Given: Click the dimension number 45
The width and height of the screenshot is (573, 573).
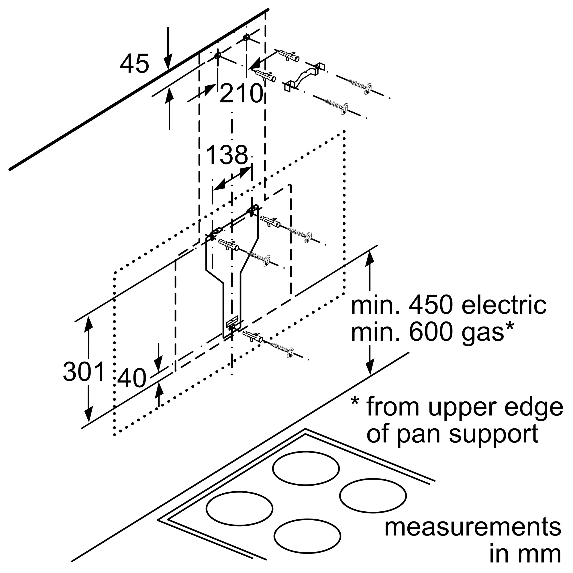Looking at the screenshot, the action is (134, 64).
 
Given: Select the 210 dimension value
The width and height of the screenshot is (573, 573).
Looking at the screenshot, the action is (242, 93).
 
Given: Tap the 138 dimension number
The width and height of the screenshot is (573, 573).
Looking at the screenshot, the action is (227, 155).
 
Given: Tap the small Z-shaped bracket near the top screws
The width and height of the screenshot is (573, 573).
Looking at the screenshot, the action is (305, 77).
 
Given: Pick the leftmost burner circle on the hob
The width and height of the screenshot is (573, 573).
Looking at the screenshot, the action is (239, 508).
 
